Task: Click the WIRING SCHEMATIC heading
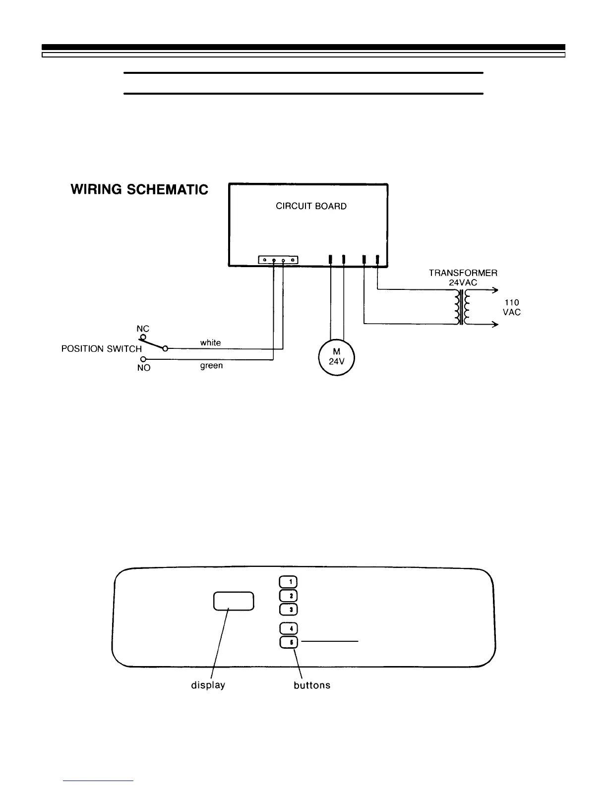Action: coord(139,190)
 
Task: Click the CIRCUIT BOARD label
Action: coord(311,206)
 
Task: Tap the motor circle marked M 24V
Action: coord(336,357)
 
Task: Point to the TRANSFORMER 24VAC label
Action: coord(463,277)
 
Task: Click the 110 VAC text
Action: coord(512,307)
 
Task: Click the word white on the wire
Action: coord(210,342)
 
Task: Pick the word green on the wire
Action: coord(211,366)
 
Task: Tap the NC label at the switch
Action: coord(143,329)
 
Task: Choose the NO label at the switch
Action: coord(143,368)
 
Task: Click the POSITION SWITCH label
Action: coord(101,349)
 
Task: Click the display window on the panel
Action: coord(234,601)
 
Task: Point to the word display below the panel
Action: coord(208,685)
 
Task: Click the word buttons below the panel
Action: coord(311,685)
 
